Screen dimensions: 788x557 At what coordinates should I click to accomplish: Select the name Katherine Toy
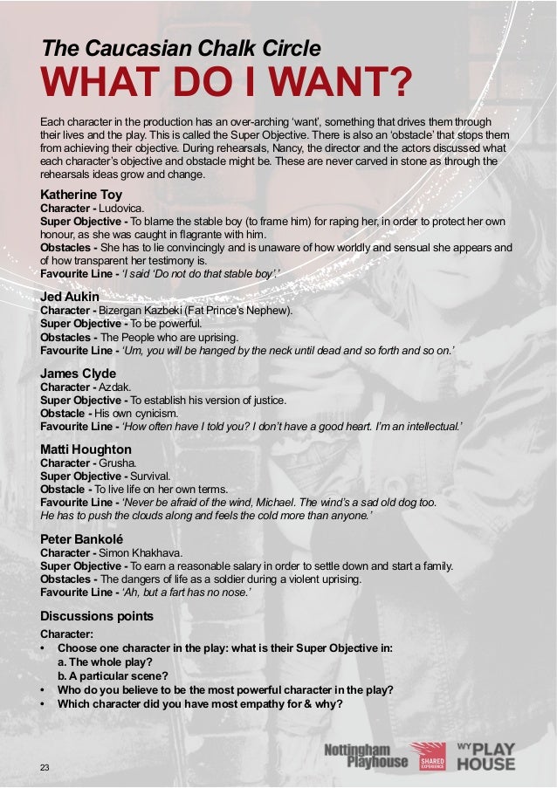coord(81,194)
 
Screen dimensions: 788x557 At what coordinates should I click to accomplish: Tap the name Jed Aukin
coord(71,297)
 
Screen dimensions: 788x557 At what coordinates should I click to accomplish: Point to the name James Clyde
coord(78,373)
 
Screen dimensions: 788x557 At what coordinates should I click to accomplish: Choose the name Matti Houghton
coord(86,449)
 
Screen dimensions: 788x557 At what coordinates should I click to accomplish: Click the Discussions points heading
coord(97,616)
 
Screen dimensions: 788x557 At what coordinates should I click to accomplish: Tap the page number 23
coord(45,766)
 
